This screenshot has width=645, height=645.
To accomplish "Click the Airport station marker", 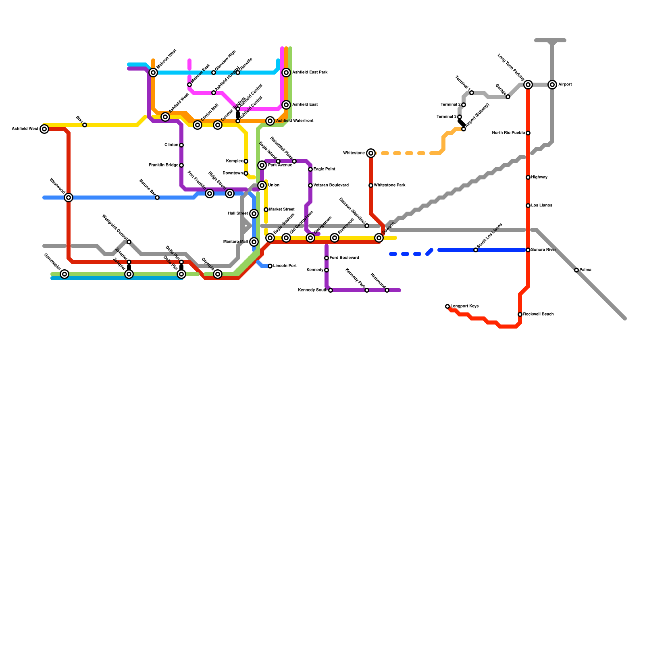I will point(552,85).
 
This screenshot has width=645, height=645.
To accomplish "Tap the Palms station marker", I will point(576,270).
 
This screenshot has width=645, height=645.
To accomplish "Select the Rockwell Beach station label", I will point(539,314).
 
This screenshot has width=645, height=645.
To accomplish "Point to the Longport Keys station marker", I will point(447,306).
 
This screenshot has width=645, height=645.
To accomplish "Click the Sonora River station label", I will point(543,250).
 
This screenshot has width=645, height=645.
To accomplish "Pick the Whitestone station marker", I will point(371,153).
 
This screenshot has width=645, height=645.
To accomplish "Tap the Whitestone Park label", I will point(389,185).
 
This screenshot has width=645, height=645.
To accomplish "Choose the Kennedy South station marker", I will point(331,290).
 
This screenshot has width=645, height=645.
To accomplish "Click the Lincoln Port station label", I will point(285,266).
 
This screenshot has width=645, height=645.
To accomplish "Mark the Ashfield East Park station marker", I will point(286,73).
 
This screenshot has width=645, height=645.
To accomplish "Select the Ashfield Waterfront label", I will point(295,121).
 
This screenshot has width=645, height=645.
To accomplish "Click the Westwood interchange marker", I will point(69,198).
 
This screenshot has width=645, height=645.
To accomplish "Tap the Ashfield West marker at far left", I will point(44,129).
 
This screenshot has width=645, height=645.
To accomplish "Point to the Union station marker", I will point(262,185).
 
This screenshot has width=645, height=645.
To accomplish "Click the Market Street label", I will point(282,210).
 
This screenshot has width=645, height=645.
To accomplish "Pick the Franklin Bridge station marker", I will point(181,165).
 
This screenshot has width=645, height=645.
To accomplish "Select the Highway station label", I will point(539,177).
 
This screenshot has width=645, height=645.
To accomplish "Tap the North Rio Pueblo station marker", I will point(528,133).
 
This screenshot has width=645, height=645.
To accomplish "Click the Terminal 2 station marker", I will point(464,105).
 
